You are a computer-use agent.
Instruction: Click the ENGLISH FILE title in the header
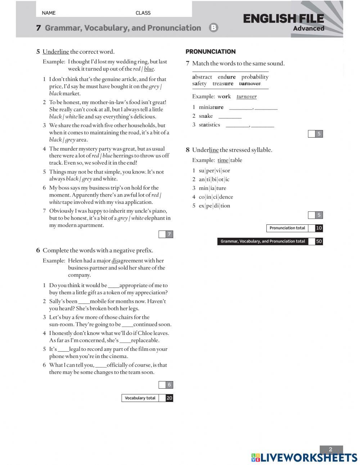(x=283, y=18)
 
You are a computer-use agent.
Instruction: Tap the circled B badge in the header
(x=213, y=28)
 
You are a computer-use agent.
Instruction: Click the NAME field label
(x=49, y=13)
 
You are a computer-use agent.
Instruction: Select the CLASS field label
(x=143, y=13)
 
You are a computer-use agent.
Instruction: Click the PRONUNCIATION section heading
(x=210, y=52)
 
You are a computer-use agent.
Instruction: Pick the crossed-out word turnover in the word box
(x=249, y=84)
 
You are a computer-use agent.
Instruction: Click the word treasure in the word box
(x=223, y=84)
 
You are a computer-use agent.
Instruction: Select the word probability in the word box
(x=255, y=77)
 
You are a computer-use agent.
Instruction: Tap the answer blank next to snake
(x=230, y=116)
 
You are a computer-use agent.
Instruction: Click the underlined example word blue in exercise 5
(x=149, y=69)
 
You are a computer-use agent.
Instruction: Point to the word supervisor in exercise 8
(x=214, y=171)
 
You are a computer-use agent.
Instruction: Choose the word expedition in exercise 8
(x=214, y=206)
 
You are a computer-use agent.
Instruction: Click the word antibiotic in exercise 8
(x=214, y=179)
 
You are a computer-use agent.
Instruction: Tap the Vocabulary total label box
(x=140, y=398)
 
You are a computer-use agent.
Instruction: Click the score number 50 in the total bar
(x=319, y=241)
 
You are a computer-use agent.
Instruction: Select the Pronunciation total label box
(x=287, y=228)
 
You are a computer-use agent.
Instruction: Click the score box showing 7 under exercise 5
(x=169, y=234)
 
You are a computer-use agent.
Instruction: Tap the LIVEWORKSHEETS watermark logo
(x=304, y=457)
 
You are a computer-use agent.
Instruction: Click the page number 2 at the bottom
(x=330, y=449)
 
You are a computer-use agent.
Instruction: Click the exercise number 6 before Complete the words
(x=38, y=250)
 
